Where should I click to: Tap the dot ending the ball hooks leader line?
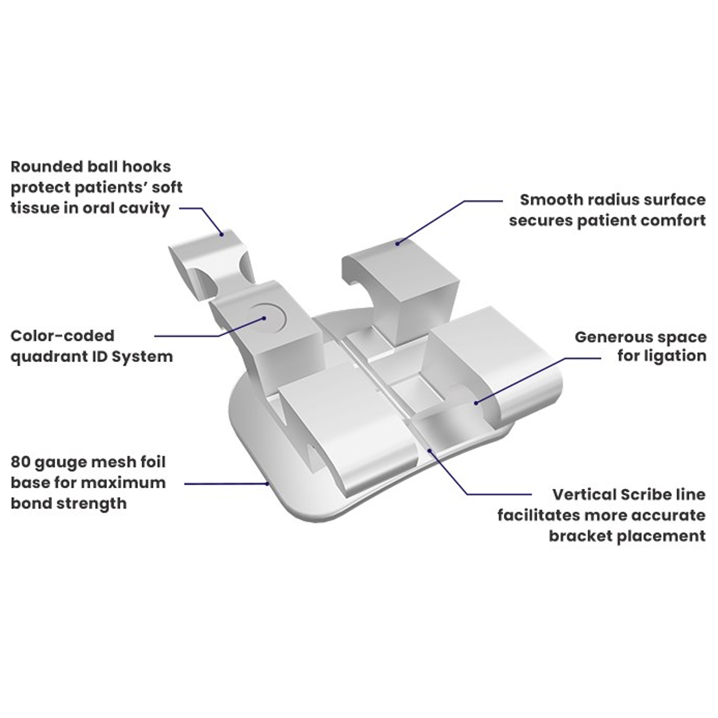tap(221, 234)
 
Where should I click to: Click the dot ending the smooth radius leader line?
tap(397, 242)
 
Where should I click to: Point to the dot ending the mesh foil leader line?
tap(267, 483)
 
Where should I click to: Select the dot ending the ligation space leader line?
tap(476, 402)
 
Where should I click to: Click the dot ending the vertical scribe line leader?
tap(429, 446)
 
